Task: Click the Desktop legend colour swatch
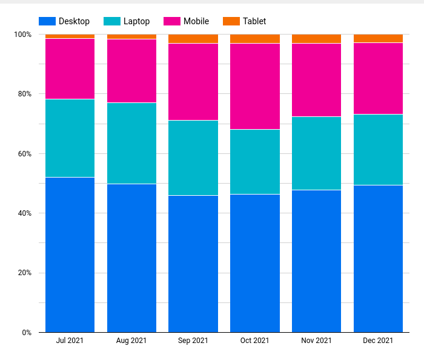[47, 21]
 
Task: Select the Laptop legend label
[136, 21]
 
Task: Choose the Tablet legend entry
[254, 21]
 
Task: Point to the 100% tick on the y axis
[23, 35]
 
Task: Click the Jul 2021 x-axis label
[70, 341]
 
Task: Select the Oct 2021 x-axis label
[254, 341]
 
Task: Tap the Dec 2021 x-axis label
[378, 341]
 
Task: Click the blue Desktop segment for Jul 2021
[70, 255]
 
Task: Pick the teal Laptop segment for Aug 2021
[131, 143]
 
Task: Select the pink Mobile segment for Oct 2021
[255, 86]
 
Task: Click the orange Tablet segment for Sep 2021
[193, 39]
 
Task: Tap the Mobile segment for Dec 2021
[378, 78]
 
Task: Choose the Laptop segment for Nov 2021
[316, 153]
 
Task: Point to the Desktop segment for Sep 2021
[193, 264]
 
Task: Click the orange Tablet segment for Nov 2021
[316, 39]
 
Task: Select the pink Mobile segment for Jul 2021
[70, 68]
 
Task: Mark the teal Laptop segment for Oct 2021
[255, 161]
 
